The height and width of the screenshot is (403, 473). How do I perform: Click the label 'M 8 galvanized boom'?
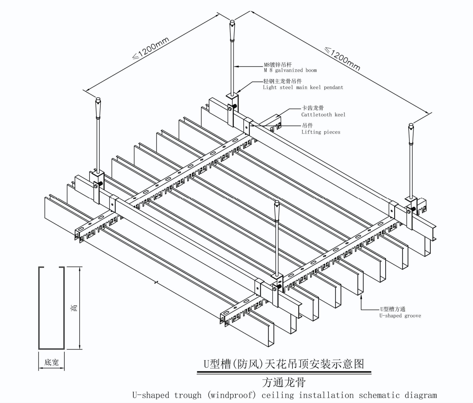click(290, 70)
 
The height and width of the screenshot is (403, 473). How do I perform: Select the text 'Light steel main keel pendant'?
click(303, 88)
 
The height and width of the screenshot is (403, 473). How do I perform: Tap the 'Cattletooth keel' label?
click(323, 115)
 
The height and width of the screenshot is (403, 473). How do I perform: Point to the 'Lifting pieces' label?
click(321, 132)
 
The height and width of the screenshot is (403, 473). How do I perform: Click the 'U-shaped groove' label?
click(400, 316)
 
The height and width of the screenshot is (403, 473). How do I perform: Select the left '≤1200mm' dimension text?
click(151, 48)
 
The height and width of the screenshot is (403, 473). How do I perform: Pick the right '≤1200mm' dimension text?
click(343, 58)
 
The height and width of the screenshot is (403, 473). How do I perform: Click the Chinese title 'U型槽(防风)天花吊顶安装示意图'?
click(284, 364)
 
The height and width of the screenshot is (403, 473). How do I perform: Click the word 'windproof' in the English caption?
click(231, 395)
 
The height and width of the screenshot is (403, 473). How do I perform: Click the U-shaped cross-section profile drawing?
click(52, 308)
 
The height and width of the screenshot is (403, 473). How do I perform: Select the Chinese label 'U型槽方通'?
click(392, 309)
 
